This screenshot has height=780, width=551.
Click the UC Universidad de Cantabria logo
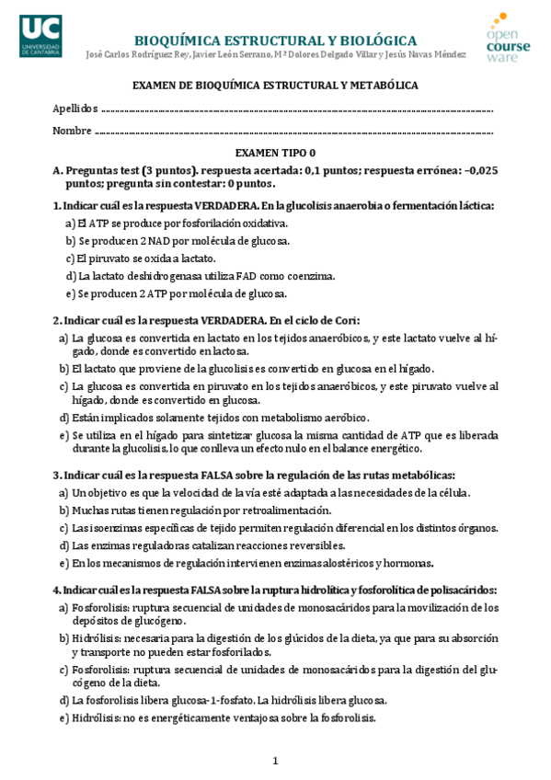point(40,37)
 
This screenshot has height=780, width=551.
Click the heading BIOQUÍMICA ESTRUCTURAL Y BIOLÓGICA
point(275,40)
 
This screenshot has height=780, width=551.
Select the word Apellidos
point(74,108)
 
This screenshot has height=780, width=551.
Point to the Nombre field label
point(72,130)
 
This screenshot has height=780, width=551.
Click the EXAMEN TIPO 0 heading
point(275,154)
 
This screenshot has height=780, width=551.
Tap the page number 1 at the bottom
point(275,761)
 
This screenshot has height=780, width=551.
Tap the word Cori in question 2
point(345,320)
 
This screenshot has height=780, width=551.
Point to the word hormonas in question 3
point(408,563)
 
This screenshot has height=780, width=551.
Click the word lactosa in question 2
point(232,351)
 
